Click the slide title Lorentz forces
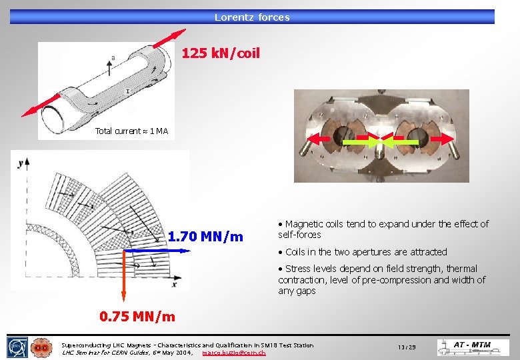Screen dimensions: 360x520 tap(252, 17)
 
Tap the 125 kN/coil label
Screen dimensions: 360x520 tap(221, 53)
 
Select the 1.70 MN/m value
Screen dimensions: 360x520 tap(205, 237)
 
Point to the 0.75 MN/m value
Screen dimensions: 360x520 tap(137, 317)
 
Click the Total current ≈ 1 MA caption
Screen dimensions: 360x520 tap(131, 131)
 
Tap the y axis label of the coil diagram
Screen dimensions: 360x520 tap(21, 162)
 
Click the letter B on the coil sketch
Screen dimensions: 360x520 tap(112, 58)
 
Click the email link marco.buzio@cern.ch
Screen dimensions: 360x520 tap(233, 352)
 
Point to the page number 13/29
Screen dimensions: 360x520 tap(407, 347)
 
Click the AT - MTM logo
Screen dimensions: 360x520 tap(472, 347)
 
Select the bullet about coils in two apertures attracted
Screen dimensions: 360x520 tap(366, 252)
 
